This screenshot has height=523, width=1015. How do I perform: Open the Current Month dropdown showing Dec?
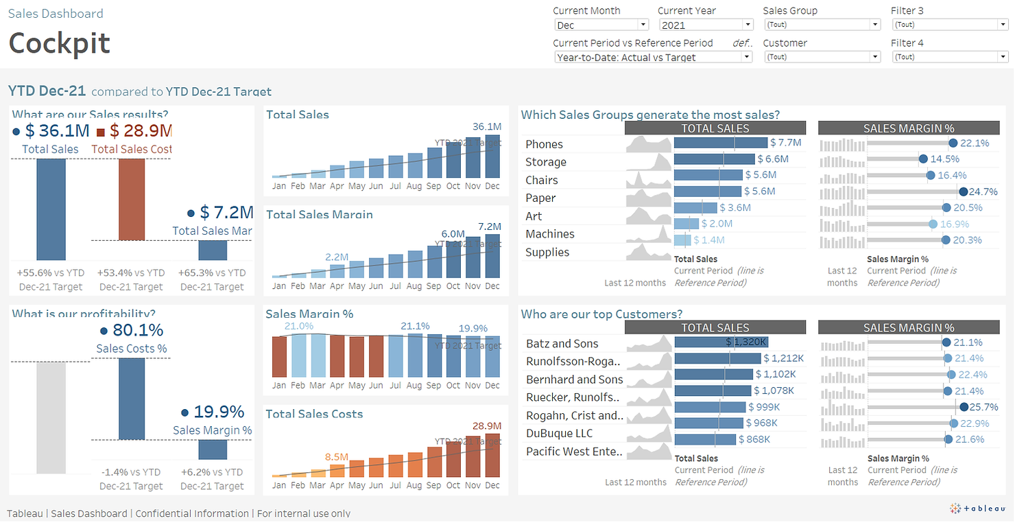tap(601, 25)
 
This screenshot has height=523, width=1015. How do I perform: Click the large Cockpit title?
tap(59, 43)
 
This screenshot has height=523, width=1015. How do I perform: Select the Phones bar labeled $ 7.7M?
tap(720, 143)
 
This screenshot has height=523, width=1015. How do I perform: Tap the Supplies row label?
tap(547, 252)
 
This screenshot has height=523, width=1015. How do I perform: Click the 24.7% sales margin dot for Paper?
tap(964, 191)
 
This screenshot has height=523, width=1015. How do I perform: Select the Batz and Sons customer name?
tap(562, 343)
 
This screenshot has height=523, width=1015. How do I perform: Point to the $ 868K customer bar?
tap(705, 439)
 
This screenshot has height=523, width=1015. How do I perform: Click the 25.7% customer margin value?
tap(984, 407)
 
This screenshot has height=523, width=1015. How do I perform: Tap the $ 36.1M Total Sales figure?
tap(56, 130)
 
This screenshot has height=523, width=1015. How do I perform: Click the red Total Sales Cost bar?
tap(131, 199)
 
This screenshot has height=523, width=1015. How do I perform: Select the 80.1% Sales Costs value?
tap(138, 330)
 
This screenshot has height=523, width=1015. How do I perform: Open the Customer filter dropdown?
tap(822, 57)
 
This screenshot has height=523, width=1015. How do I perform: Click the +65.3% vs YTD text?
tap(212, 272)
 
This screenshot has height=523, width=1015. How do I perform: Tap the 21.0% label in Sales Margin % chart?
tap(299, 326)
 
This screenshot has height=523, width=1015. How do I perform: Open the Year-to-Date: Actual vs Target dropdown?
tap(652, 57)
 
